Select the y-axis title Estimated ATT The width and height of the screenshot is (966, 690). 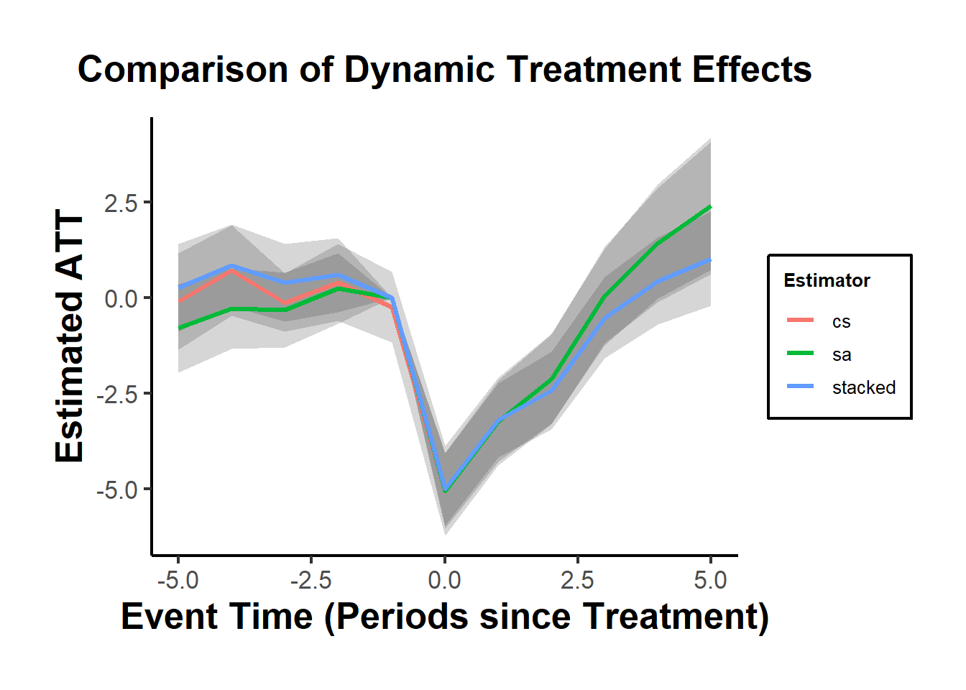[x=70, y=336]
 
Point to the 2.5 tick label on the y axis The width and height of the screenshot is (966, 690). [x=121, y=203]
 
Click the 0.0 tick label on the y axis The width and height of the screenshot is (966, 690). [x=121, y=298]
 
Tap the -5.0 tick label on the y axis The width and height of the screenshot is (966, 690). [x=117, y=490]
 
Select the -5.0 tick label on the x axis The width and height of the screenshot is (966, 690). [x=178, y=580]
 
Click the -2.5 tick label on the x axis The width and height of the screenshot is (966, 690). [x=310, y=580]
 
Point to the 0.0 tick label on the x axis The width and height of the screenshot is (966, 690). [x=444, y=580]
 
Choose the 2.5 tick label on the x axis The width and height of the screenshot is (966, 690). [x=577, y=580]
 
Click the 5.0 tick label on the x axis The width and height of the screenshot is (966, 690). [x=710, y=580]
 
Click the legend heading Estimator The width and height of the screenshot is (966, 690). [x=827, y=280]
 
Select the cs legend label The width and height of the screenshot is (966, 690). [x=841, y=322]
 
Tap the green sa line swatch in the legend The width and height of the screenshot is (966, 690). [x=800, y=354]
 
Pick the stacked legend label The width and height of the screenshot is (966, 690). [x=863, y=388]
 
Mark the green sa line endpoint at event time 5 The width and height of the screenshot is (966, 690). [x=710, y=207]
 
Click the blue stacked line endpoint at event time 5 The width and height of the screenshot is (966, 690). [x=710, y=260]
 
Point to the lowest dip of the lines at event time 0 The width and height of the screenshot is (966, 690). [x=445, y=491]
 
